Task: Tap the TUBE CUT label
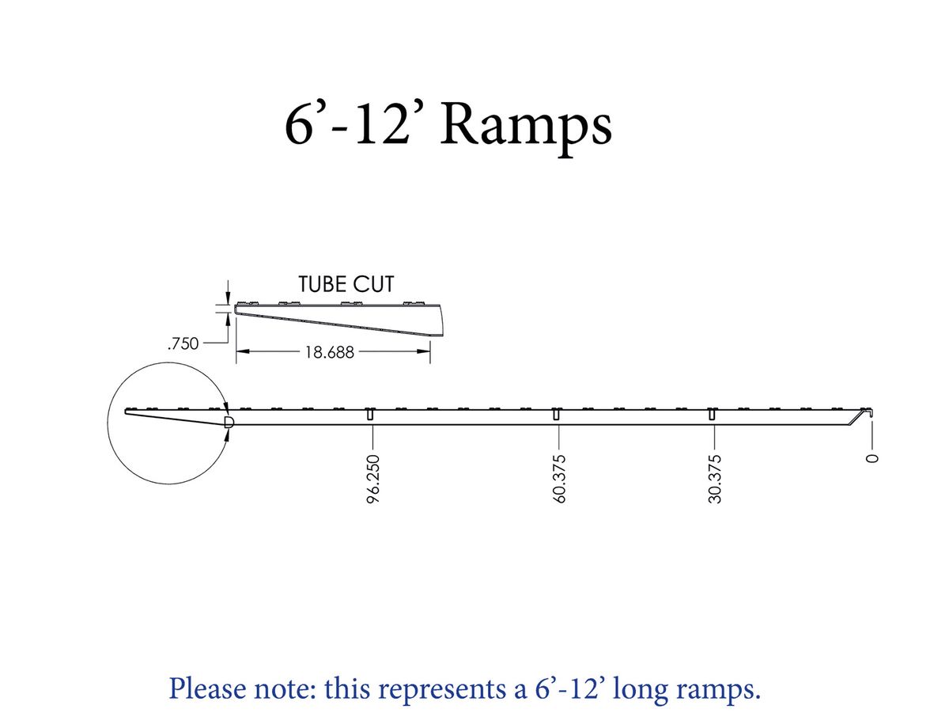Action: [346, 284]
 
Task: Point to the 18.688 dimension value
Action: [329, 353]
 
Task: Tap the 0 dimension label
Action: [872, 458]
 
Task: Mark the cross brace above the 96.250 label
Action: [370, 415]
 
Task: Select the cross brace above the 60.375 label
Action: [557, 415]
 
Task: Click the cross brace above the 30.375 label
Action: [712, 415]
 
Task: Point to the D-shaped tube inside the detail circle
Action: [229, 422]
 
